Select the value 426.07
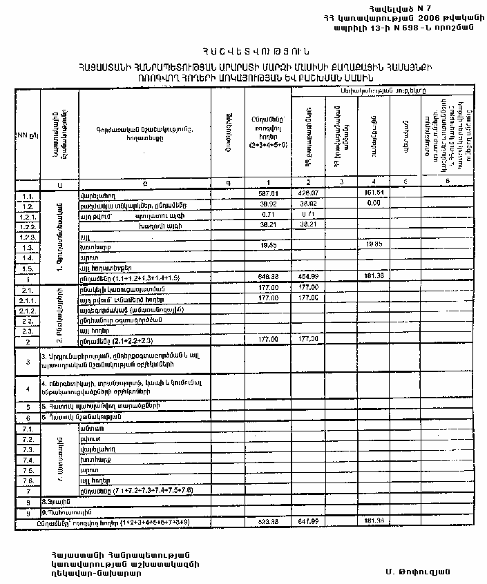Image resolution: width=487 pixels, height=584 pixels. [308, 194]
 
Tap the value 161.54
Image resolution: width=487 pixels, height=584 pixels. [372, 194]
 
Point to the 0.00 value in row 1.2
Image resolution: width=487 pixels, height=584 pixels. [373, 205]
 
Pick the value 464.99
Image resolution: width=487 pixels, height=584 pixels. [308, 276]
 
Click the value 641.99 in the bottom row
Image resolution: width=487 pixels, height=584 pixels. [308, 523]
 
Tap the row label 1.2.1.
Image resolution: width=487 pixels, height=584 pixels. [28, 216]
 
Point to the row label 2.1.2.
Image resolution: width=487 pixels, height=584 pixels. [28, 311]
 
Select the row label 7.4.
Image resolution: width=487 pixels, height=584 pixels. [28, 460]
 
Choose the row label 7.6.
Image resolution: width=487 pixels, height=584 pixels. [28, 480]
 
